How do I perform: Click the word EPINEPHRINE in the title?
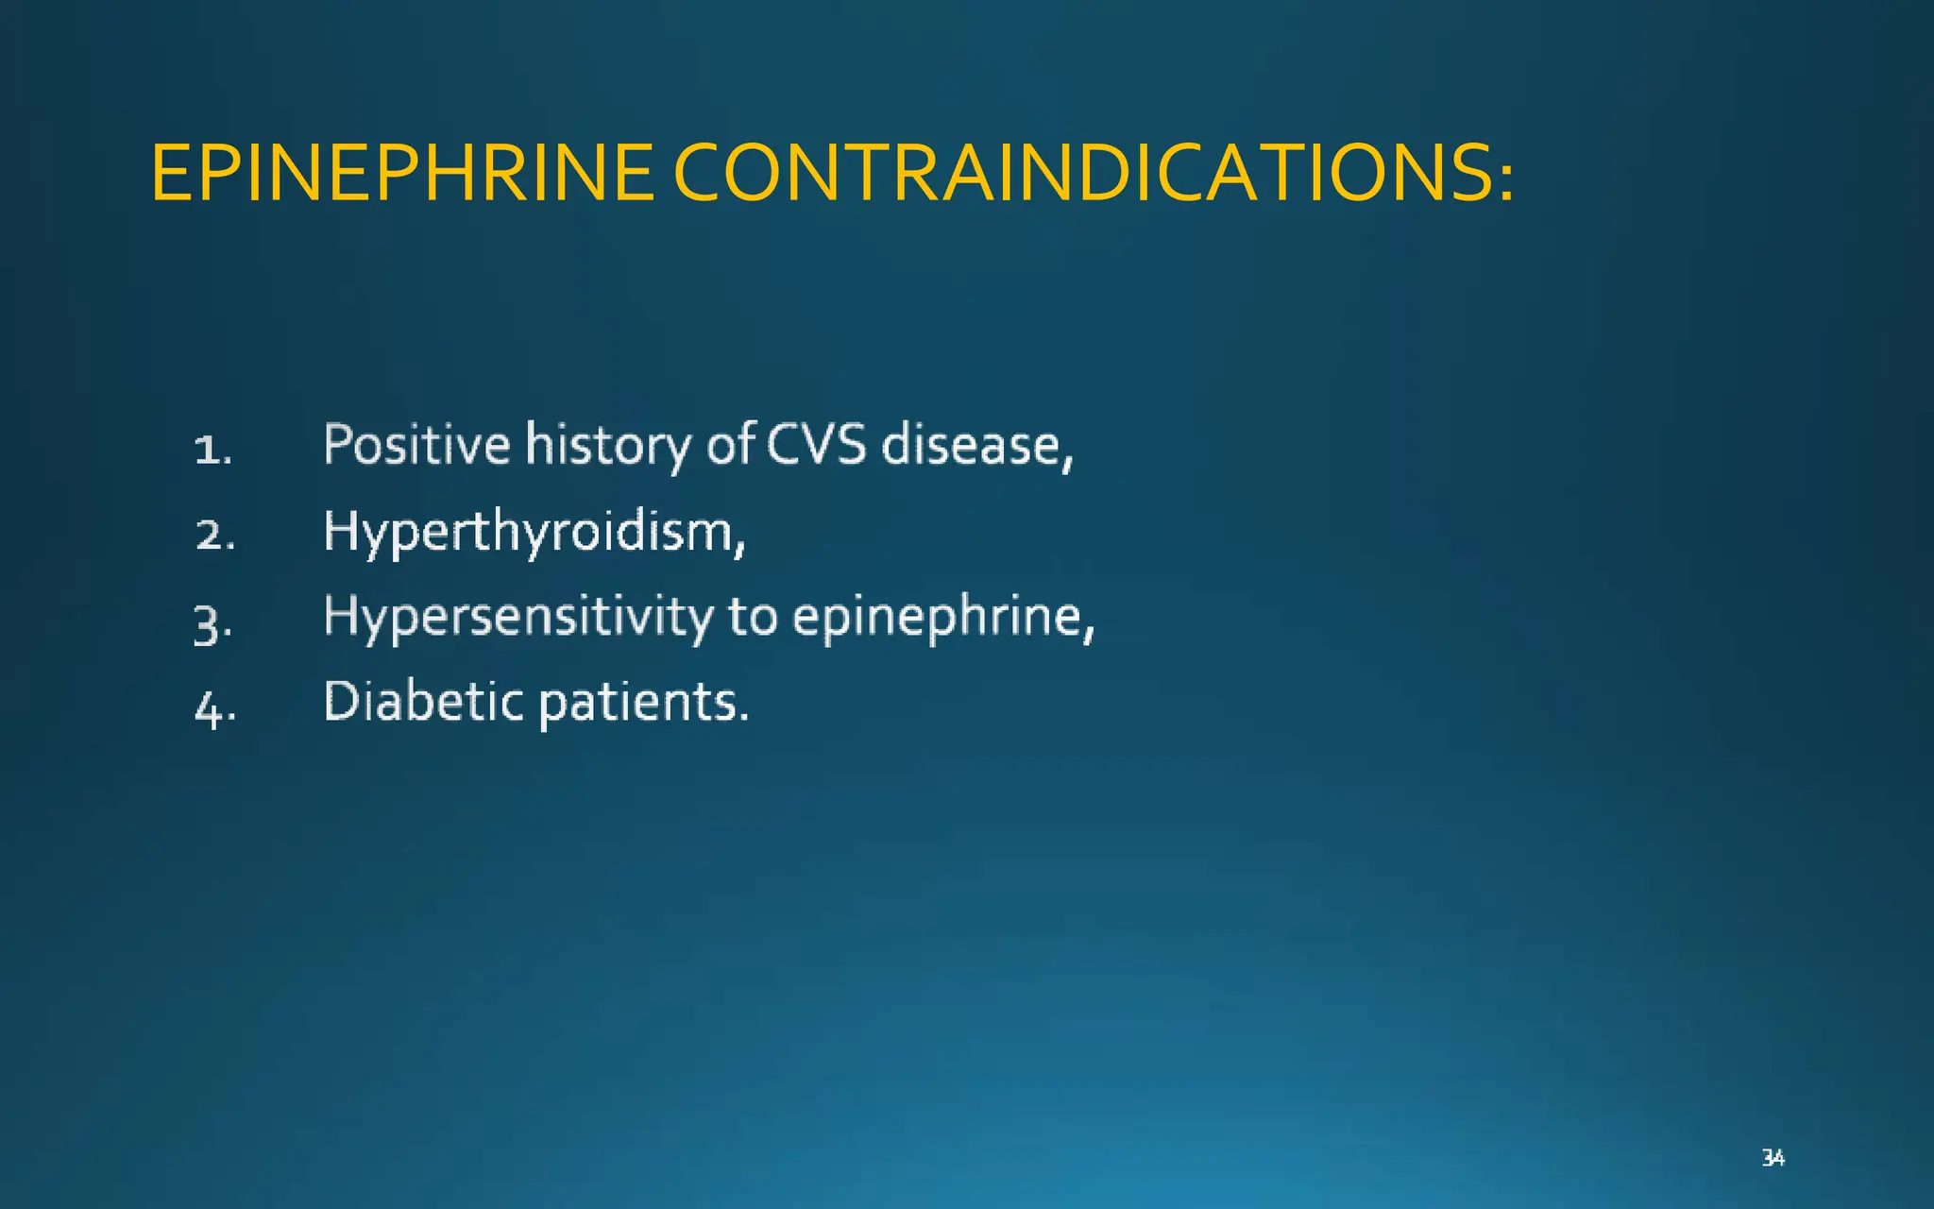tap(402, 174)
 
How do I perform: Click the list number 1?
tap(212, 450)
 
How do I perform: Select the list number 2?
tap(214, 536)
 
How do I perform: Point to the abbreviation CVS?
tap(816, 444)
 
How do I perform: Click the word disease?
tap(973, 446)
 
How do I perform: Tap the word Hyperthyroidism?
tap(529, 532)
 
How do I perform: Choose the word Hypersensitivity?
tap(518, 618)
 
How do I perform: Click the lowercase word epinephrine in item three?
tap(937, 618)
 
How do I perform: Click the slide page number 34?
tap(1773, 1157)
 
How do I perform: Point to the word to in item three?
tap(753, 618)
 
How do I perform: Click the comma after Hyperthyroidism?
tap(740, 546)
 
